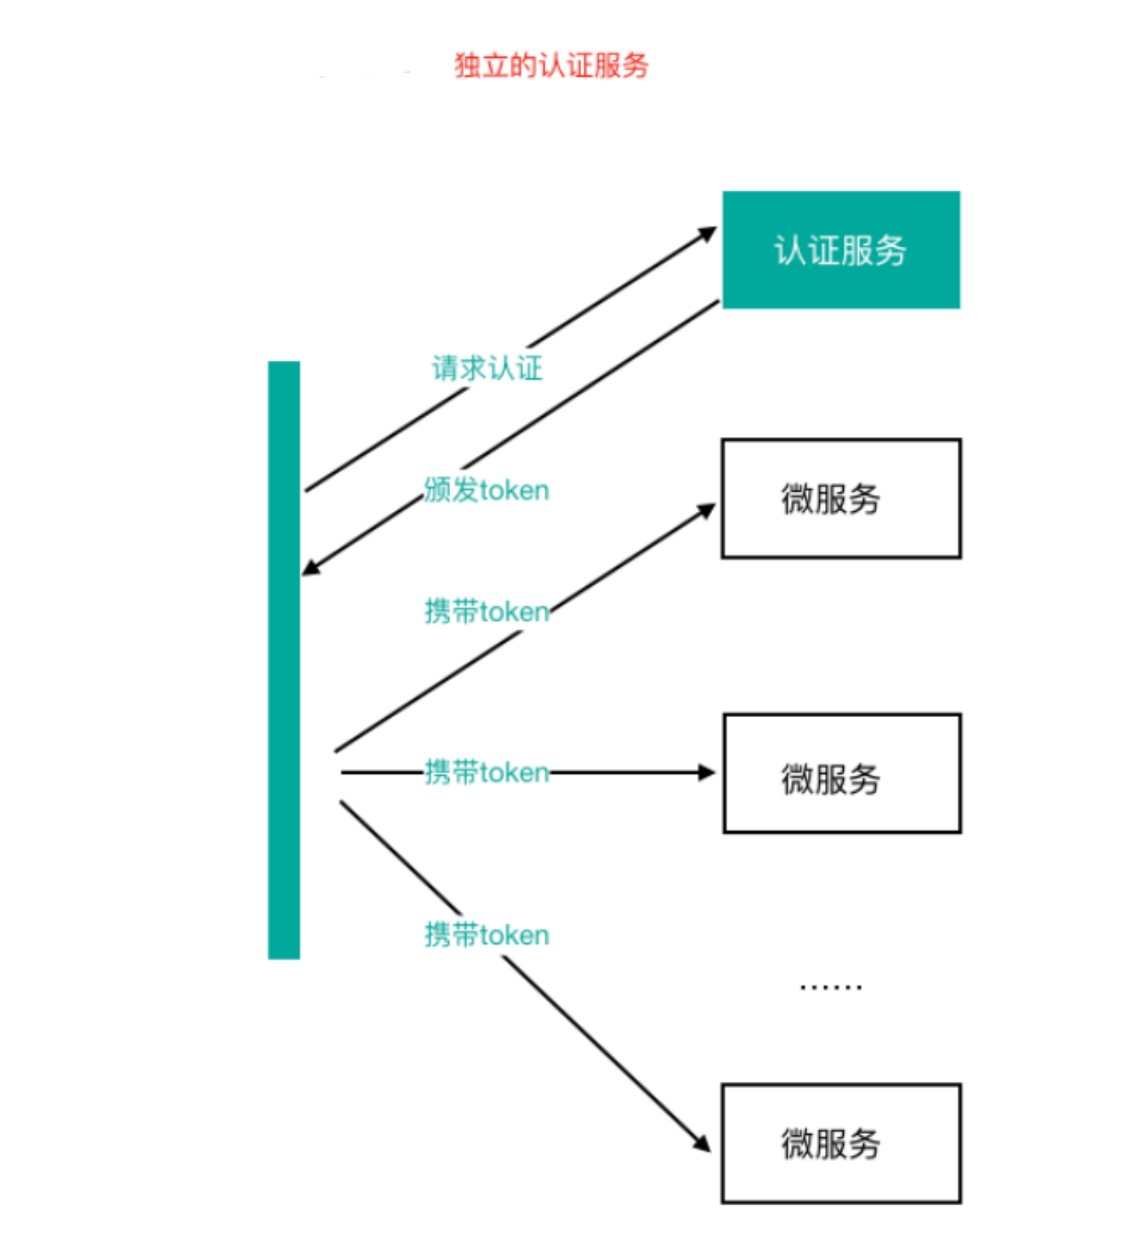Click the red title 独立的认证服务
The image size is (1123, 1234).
coord(551,66)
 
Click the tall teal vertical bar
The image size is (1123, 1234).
coord(284,659)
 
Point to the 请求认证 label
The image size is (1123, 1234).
coord(487,368)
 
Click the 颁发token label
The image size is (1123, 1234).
coord(487,490)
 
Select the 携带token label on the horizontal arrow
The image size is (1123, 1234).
coord(487,772)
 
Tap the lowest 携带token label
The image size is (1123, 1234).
coord(487,935)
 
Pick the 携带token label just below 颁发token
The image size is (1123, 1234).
coord(487,611)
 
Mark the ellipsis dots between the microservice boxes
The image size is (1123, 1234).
coord(830,987)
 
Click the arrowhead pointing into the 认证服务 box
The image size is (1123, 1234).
coord(707,233)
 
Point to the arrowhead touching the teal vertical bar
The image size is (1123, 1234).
coord(311,567)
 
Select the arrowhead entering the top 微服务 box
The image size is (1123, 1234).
coord(706,511)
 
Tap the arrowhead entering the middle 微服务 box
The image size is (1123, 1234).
coord(706,772)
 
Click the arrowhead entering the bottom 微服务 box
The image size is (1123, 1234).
coord(702,1143)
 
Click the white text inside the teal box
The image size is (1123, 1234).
coord(840,250)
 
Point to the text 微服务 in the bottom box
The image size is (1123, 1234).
coord(830,1144)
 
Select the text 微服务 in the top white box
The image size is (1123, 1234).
coord(830,499)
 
